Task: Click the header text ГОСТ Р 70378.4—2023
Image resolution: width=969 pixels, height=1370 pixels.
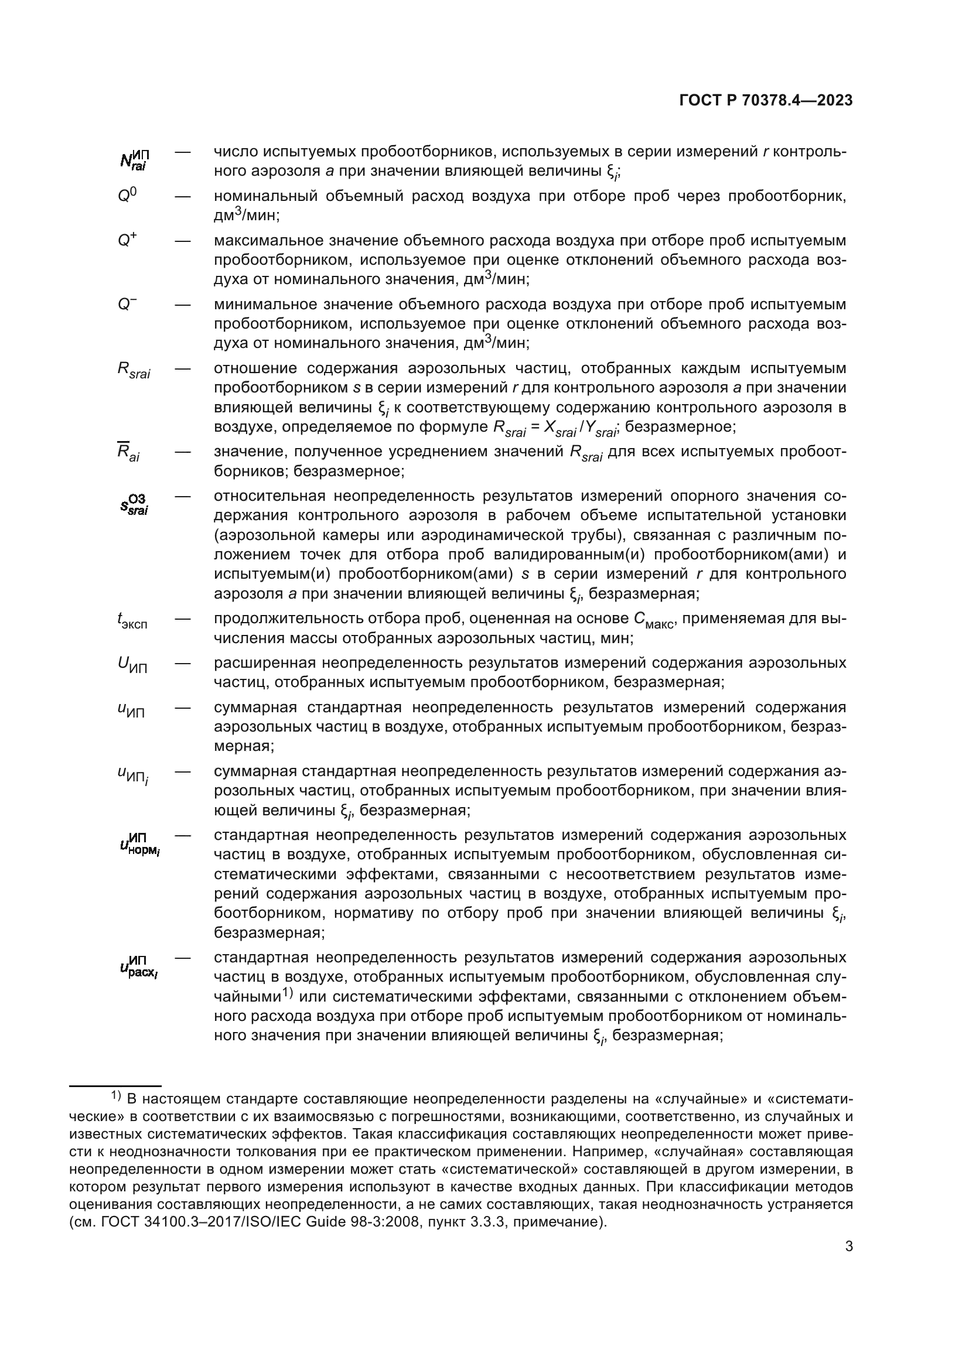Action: (x=766, y=101)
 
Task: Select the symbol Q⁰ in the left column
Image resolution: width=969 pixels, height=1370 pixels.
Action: (x=127, y=196)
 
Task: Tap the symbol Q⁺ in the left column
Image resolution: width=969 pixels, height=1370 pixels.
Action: (x=127, y=241)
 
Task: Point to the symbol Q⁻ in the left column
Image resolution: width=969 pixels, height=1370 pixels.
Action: (x=127, y=305)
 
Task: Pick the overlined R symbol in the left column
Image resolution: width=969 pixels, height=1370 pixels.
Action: (x=128, y=453)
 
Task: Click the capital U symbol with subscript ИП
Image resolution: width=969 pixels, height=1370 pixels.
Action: (x=132, y=665)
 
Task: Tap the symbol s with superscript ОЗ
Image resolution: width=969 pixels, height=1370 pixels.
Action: (x=134, y=504)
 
